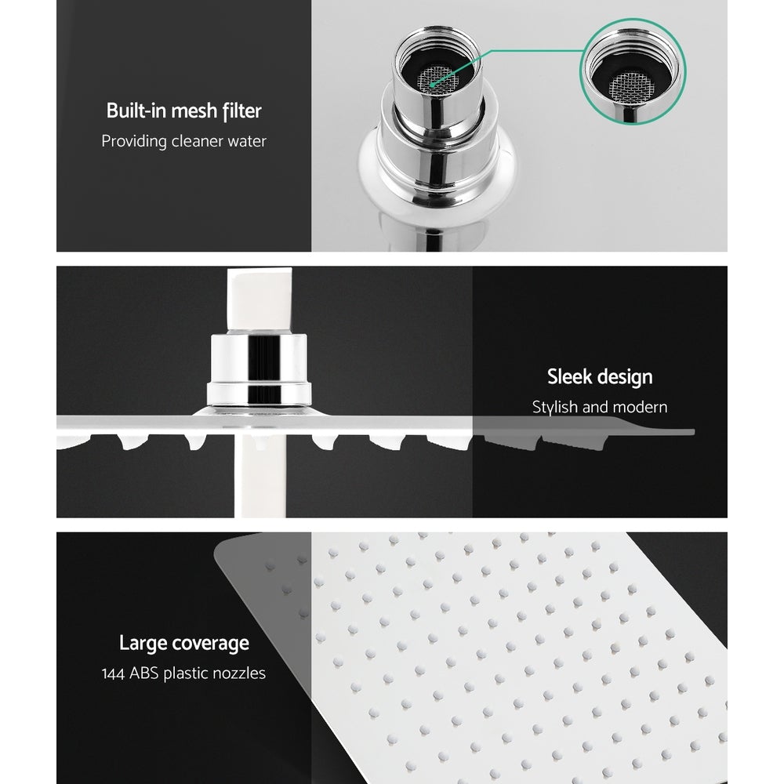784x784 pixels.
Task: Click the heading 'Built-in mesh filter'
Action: click(183, 111)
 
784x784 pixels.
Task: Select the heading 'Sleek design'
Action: click(599, 377)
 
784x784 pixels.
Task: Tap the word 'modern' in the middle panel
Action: click(641, 408)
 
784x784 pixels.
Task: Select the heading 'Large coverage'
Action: click(183, 644)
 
